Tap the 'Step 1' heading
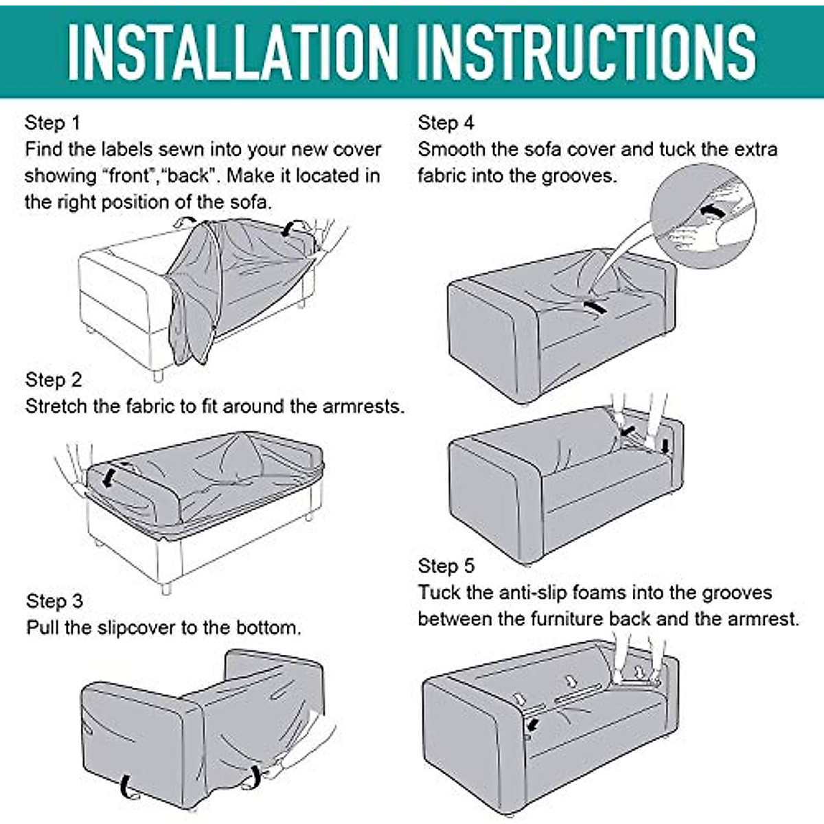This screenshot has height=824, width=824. point(53,124)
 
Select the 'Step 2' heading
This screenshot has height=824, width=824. point(54,380)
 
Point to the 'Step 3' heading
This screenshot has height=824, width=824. point(54,601)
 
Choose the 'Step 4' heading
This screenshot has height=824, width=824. point(446,123)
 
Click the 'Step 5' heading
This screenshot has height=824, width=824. point(446,566)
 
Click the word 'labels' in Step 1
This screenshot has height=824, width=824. point(127,150)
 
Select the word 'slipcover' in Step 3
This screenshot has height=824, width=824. point(137,628)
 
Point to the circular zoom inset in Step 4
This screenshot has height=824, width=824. point(703,216)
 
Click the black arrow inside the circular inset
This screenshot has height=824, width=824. point(712,211)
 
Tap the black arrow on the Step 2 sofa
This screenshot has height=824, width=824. point(108,477)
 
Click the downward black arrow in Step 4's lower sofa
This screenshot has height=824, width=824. point(665,446)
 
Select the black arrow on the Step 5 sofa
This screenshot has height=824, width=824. point(533,724)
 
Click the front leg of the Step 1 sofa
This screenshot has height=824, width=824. point(158,375)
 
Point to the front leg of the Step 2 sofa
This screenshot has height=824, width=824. point(166,588)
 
